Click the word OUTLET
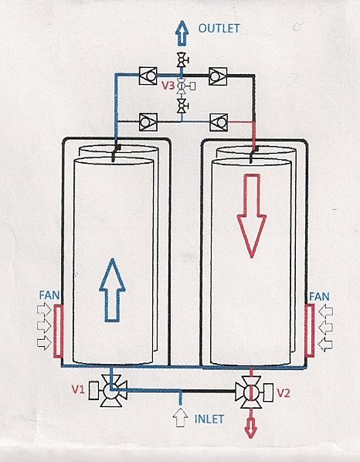point(219,29)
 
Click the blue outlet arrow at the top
point(182,33)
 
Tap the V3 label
point(168,86)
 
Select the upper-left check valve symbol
point(148,76)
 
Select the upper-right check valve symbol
point(218,76)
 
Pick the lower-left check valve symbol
point(148,122)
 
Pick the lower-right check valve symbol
point(219,122)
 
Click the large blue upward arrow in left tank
point(112,290)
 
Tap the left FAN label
point(49,295)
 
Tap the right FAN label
point(319,297)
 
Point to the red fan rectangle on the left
point(59,331)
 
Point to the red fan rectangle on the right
point(309,330)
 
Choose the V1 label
point(78,389)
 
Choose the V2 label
point(284,393)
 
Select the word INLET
point(209,419)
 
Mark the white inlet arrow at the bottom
point(180,417)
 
